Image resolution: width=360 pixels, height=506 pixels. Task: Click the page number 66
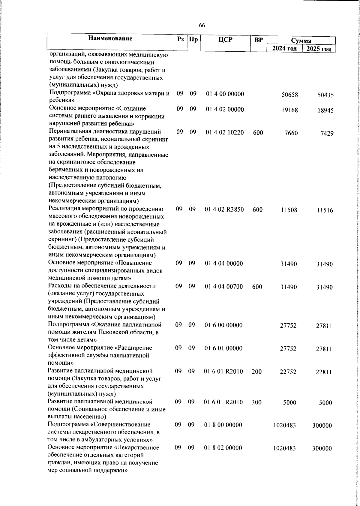tap(202, 26)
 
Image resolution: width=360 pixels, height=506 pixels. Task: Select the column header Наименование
tap(110, 38)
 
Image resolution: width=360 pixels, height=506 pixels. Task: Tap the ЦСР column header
tap(225, 39)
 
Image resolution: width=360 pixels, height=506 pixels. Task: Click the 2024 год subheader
tap(284, 49)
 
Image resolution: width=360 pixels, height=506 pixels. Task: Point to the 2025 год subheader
tap(319, 49)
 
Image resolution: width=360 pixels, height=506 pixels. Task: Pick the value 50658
tap(289, 95)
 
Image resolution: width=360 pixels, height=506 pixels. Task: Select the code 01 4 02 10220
tap(225, 132)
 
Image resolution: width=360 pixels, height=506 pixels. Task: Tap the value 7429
tap(327, 134)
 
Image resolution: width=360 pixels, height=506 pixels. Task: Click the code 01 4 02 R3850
tap(224, 209)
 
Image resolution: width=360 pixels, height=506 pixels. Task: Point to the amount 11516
tap(325, 210)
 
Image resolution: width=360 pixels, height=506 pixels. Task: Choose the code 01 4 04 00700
tap(224, 287)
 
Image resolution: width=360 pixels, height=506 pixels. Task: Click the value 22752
tap(288, 372)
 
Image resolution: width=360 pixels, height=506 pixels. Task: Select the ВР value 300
tap(256, 402)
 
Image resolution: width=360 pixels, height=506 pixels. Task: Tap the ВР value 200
tap(256, 372)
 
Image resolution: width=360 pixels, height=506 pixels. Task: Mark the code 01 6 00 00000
tap(223, 325)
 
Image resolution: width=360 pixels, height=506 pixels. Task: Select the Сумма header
tap(301, 41)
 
